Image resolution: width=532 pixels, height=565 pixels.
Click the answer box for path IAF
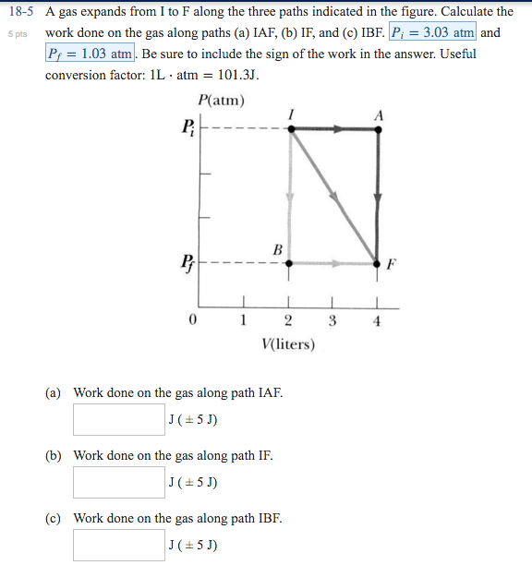click(119, 420)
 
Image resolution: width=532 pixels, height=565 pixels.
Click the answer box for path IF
click(119, 483)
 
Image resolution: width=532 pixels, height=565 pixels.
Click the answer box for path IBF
click(119, 545)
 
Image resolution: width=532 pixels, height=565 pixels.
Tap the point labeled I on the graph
click(291, 130)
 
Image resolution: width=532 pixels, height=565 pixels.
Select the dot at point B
click(288, 263)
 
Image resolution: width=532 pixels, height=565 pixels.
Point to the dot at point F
click(377, 263)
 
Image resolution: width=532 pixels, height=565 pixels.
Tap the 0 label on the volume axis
click(191, 321)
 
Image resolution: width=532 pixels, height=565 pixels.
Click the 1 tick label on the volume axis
click(243, 321)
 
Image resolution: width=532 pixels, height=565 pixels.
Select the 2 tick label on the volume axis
click(288, 321)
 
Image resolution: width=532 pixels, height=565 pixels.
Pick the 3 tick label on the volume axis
click(332, 321)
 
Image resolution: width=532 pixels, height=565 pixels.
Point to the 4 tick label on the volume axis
click(378, 321)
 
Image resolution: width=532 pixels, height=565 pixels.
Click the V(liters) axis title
click(288, 345)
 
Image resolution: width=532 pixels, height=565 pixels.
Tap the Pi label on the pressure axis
click(188, 127)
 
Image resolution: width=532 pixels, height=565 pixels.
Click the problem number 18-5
click(19, 12)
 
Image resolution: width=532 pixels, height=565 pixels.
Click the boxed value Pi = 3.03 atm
click(433, 32)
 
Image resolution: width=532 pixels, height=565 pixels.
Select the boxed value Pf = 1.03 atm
click(91, 54)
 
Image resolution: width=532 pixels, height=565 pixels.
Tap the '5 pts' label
click(18, 33)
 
